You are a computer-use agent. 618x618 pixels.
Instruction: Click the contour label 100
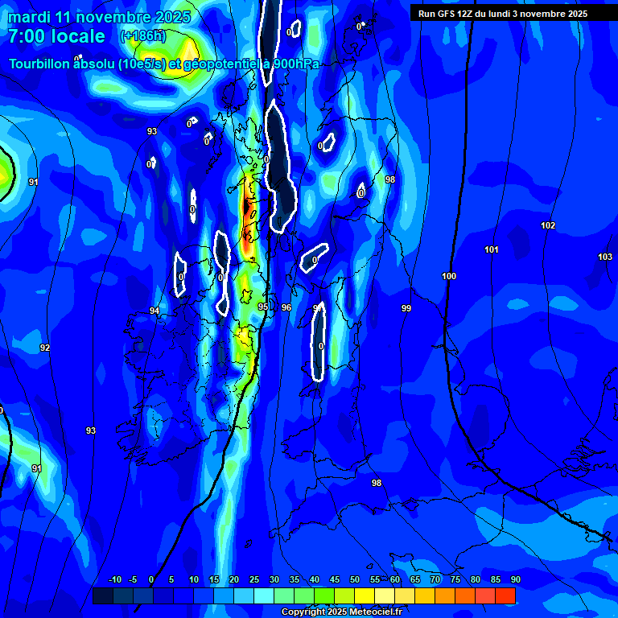click(449, 277)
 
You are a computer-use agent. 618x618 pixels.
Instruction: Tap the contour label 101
click(492, 250)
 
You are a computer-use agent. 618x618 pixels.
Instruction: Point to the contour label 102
click(548, 226)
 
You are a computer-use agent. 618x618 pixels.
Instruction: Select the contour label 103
click(605, 257)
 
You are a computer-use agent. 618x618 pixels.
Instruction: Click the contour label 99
click(406, 309)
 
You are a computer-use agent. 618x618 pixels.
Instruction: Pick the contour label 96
click(286, 307)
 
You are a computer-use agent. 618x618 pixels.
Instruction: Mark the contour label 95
click(263, 307)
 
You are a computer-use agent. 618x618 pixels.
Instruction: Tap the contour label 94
click(154, 311)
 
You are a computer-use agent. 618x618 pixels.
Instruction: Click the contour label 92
click(45, 348)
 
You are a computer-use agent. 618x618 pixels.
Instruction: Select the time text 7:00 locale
click(56, 36)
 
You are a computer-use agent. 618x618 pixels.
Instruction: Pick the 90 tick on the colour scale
click(515, 580)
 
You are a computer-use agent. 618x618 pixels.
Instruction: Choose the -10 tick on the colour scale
click(114, 580)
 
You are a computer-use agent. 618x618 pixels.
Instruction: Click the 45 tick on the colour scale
click(335, 580)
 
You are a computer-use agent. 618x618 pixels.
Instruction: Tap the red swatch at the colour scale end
click(505, 595)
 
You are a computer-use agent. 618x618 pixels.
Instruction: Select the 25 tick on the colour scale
click(254, 580)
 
